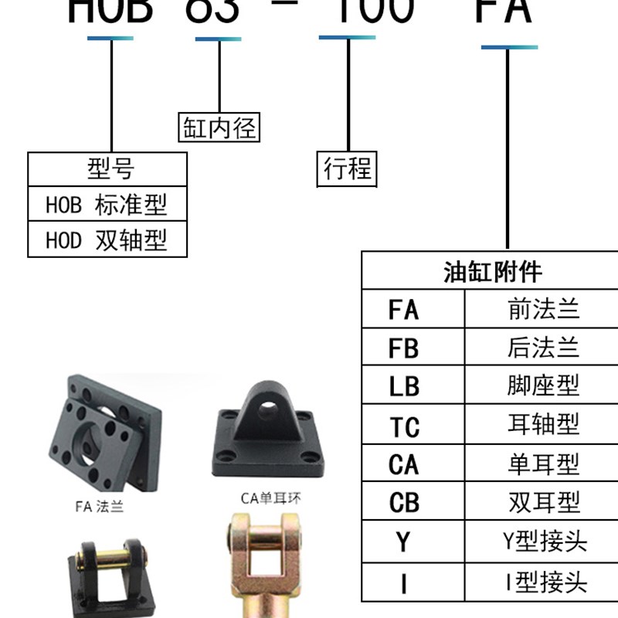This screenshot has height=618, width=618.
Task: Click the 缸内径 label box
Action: click(219, 127)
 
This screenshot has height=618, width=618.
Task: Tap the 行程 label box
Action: click(347, 168)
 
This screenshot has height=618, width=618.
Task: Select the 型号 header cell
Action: click(107, 168)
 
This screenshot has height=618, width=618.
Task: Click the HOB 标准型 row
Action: click(107, 205)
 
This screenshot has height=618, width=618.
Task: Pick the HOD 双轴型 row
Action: click(107, 241)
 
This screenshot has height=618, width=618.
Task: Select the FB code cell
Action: click(403, 348)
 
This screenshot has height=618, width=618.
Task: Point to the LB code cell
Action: click(403, 386)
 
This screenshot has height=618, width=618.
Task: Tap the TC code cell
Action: click(403, 426)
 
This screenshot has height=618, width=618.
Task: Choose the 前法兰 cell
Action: click(543, 310)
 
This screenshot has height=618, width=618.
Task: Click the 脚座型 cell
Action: click(543, 386)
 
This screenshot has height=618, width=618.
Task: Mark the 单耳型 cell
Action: click(543, 464)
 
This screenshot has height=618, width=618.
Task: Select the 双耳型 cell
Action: click(543, 503)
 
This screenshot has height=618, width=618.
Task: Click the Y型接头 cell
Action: click(543, 542)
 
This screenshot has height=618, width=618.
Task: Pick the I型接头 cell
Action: click(543, 581)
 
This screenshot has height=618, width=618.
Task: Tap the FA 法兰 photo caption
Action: click(99, 508)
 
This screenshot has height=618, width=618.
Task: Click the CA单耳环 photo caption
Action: click(270, 498)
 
